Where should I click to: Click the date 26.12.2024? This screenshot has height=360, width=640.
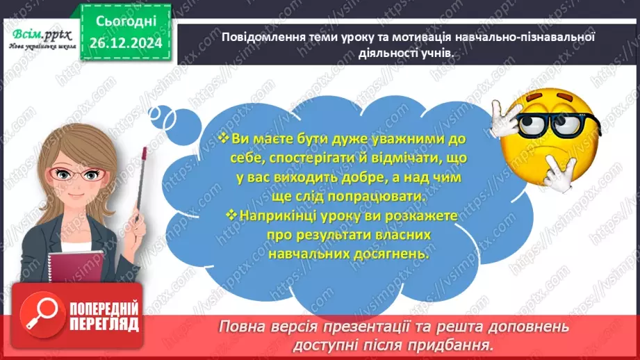click(126, 43)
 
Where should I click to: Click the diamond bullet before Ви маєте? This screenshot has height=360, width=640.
click(223, 140)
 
